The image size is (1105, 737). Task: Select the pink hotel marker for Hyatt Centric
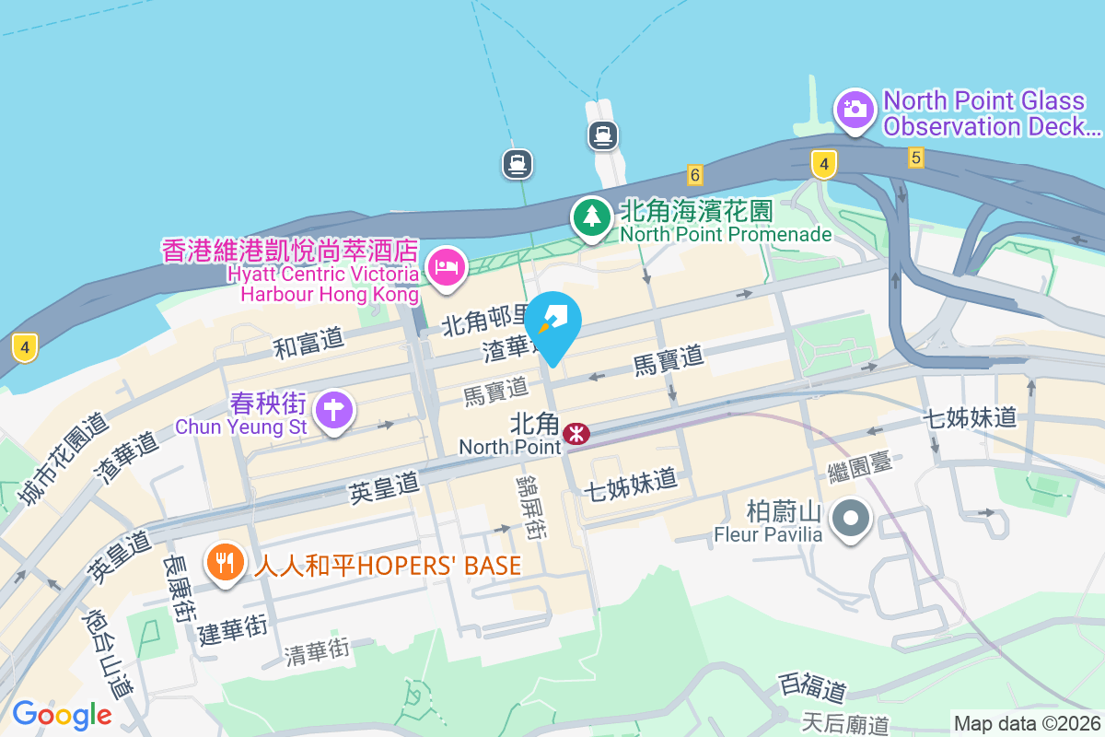coord(447,268)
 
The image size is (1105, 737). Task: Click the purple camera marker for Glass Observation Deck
coord(855,110)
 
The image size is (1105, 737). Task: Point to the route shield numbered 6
coord(694,174)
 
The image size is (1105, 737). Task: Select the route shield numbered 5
coord(914,158)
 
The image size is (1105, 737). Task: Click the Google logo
coord(62,715)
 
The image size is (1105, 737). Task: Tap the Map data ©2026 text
coord(1026,723)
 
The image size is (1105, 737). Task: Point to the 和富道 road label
coord(308,343)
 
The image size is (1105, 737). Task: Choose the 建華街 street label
coord(232,630)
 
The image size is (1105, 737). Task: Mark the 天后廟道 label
coord(845,724)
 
